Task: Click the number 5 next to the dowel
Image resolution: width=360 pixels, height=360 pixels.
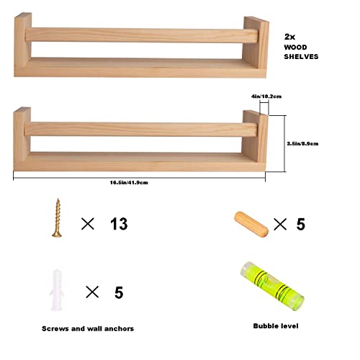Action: pos(300,224)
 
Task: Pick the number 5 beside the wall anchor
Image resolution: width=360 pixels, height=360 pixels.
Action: pos(118,292)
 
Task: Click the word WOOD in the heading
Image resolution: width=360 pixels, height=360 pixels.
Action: pos(297,46)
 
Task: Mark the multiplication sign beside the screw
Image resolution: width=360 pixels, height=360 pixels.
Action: pos(88,224)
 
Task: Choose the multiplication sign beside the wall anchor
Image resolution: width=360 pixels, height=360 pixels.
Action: pos(92,292)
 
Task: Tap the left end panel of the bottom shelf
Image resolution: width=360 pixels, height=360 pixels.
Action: pos(22,137)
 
